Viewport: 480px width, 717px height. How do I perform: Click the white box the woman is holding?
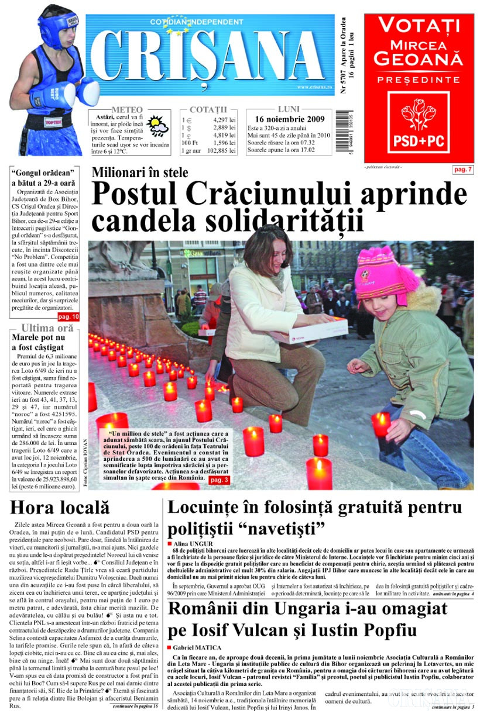pos(316,330)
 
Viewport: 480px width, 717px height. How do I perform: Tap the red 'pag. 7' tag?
pos(462,170)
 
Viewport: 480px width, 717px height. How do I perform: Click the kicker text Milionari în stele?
pos(140,173)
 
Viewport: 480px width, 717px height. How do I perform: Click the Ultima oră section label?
pos(47,328)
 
